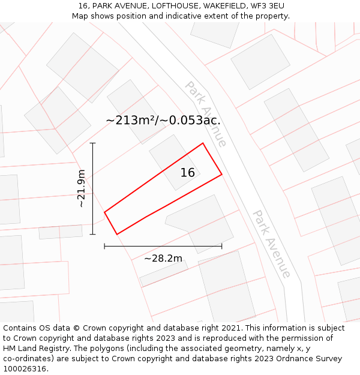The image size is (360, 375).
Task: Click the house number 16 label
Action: (x=188, y=173)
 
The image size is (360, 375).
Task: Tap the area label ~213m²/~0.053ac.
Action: (x=163, y=120)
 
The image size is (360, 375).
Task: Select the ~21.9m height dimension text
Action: (x=82, y=188)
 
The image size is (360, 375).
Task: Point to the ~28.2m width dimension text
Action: (x=163, y=259)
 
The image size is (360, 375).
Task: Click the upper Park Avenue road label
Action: (x=206, y=114)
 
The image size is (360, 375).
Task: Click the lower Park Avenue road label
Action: (x=272, y=244)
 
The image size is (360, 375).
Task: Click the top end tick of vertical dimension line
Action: (x=92, y=143)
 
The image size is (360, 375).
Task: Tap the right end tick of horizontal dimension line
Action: (x=221, y=245)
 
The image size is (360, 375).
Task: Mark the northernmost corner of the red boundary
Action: (x=203, y=143)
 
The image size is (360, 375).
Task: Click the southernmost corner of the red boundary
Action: (x=117, y=234)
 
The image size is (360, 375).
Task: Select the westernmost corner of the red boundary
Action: (x=104, y=212)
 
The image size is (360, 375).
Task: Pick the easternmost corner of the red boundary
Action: (x=222, y=175)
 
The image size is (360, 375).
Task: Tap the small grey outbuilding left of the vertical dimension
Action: (x=61, y=232)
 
